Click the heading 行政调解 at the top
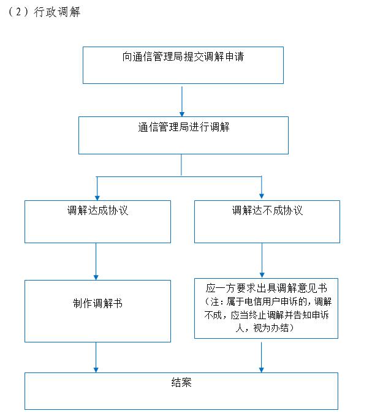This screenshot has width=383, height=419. click(x=56, y=12)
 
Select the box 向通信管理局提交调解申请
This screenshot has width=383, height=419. click(x=183, y=65)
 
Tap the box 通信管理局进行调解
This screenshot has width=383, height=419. click(x=183, y=135)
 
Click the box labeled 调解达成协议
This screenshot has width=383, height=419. click(x=97, y=222)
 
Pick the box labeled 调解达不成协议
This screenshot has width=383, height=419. click(x=267, y=222)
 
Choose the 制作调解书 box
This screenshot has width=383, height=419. click(x=97, y=311)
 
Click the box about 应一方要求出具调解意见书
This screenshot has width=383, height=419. click(x=266, y=308)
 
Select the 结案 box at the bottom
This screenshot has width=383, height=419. click(x=181, y=391)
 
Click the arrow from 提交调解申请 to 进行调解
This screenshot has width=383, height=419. click(x=182, y=102)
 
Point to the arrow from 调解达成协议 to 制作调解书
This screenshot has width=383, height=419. click(x=96, y=262)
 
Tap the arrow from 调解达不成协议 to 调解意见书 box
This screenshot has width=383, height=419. click(x=262, y=260)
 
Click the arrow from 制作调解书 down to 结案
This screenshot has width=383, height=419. click(x=96, y=358)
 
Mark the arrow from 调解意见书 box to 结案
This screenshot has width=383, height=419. click(x=262, y=358)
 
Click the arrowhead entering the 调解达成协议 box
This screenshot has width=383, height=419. click(x=97, y=198)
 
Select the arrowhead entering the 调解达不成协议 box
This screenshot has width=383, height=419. click(x=262, y=196)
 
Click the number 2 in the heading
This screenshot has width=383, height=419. click(x=18, y=12)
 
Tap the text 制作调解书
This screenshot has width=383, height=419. click(x=97, y=303)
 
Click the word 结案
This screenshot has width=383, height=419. click(x=181, y=382)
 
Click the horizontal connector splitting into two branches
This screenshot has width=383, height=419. click(x=179, y=176)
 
